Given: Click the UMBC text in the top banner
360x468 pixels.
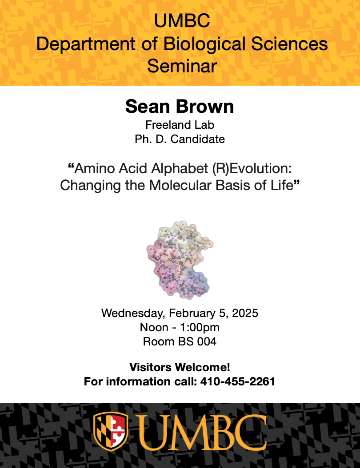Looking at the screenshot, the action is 182,21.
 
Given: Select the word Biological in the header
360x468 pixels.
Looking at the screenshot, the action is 204,44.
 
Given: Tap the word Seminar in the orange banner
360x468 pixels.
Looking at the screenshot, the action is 182,66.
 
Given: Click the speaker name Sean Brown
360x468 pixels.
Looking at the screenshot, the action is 180,107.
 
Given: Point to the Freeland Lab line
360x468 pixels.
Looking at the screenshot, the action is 180,125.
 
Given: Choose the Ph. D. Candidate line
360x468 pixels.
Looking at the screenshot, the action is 180,139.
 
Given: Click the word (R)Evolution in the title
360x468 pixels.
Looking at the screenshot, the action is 252,169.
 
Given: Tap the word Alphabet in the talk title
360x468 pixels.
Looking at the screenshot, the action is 180,169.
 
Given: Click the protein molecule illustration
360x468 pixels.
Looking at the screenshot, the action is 180,260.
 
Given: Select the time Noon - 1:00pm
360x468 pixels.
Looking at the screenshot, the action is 180,327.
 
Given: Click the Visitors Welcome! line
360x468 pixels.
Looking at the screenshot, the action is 180,367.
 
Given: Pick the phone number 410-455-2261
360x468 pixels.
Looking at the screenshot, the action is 237,381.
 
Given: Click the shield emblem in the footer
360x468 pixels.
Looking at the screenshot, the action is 111,432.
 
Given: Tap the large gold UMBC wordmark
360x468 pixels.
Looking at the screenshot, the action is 202,432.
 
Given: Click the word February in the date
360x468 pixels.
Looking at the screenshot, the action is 192,313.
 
